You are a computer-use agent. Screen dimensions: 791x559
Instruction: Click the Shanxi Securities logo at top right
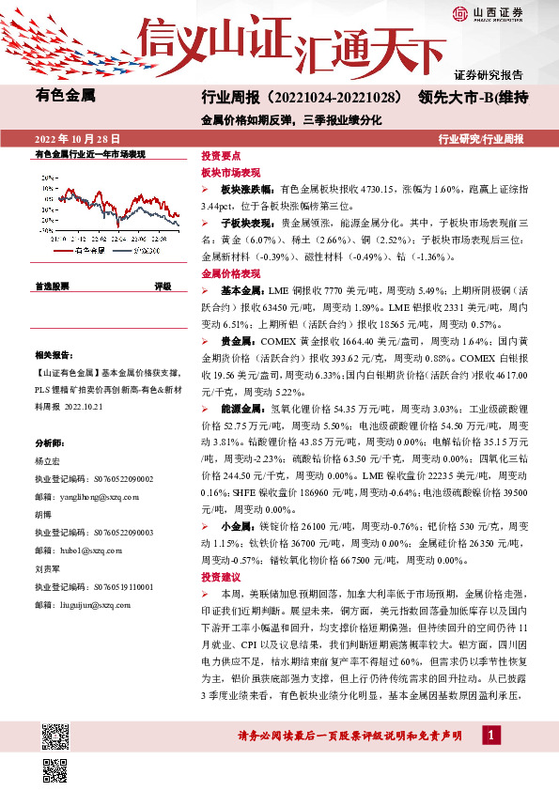(488, 13)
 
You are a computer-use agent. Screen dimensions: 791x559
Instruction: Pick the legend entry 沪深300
(145, 251)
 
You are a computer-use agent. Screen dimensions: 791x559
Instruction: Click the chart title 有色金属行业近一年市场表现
(90, 153)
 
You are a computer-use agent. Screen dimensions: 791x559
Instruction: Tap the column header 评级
(163, 286)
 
